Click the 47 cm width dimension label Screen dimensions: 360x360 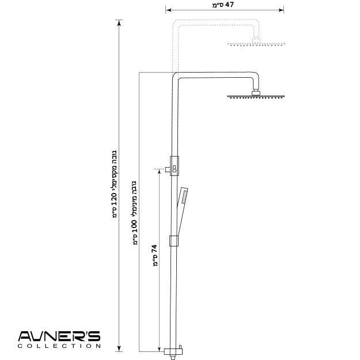tap(223, 5)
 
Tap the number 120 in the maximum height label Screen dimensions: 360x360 tap(115, 199)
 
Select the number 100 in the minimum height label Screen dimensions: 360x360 tap(135, 226)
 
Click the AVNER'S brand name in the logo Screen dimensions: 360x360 tap(59, 336)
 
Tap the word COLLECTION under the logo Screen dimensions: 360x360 tap(59, 346)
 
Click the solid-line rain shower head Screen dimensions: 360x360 tap(256, 97)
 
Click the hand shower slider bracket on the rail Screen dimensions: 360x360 tap(174, 241)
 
